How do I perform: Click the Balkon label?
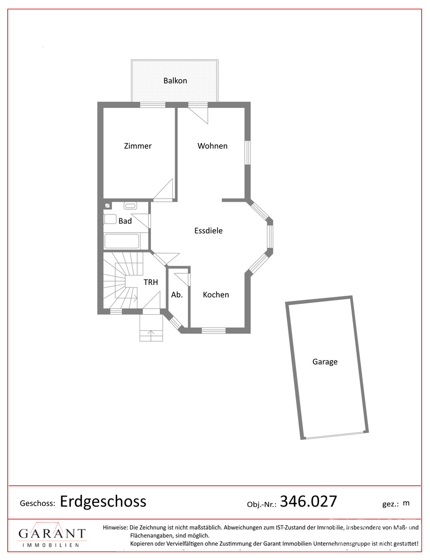pyautogui.click(x=175, y=81)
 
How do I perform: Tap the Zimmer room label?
pyautogui.click(x=138, y=146)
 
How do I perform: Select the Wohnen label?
pyautogui.click(x=212, y=146)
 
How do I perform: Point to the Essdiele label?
pyautogui.click(x=208, y=231)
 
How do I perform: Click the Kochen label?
pyautogui.click(x=216, y=295)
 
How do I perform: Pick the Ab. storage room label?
pyautogui.click(x=177, y=295)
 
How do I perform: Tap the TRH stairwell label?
pyautogui.click(x=150, y=282)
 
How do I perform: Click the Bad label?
pyautogui.click(x=125, y=221)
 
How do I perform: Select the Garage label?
pyautogui.click(x=325, y=362)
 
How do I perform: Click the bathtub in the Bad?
pyautogui.click(x=122, y=241)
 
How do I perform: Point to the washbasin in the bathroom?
pyautogui.click(x=130, y=205)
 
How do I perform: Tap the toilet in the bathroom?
pyautogui.click(x=110, y=218)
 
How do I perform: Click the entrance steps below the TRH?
pyautogui.click(x=151, y=328)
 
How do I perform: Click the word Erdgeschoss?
pyautogui.click(x=103, y=501)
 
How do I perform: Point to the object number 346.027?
pyautogui.click(x=308, y=501)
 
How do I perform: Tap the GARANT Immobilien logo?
pyautogui.click(x=52, y=535)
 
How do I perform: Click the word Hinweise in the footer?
pyautogui.click(x=115, y=527)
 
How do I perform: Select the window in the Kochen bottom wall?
pyautogui.click(x=213, y=330)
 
